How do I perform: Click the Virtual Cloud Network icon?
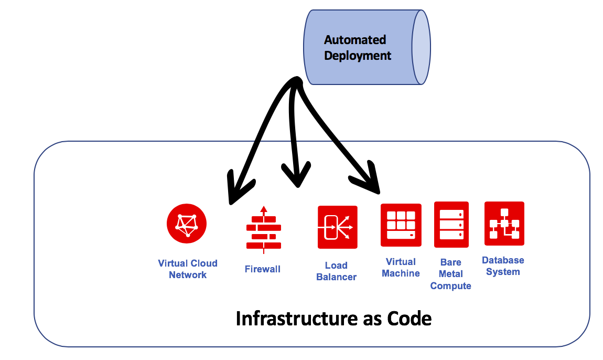point(187,224)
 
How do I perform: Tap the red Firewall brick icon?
point(263,229)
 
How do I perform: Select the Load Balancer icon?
point(337,227)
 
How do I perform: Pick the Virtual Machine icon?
point(401,225)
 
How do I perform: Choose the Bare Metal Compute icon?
point(451,224)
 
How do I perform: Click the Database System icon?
point(504,224)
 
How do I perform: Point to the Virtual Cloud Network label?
point(188,269)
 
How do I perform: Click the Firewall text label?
point(263,269)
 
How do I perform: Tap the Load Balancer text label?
point(337,271)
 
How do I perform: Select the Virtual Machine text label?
point(401,267)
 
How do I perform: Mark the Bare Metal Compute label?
point(451,274)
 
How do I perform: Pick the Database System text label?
point(503,266)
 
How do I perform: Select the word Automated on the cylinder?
point(355,40)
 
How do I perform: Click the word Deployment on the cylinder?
point(358,56)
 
